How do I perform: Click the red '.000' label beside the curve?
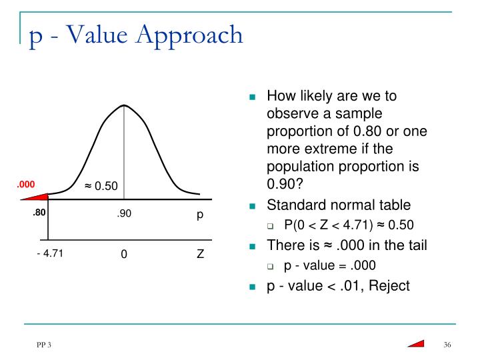(x=26, y=185)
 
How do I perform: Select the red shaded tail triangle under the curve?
(x=38, y=196)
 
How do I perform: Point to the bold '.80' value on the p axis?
(x=38, y=214)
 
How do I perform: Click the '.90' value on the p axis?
(x=124, y=215)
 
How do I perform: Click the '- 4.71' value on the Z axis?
(x=50, y=253)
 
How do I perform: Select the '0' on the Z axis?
(x=124, y=255)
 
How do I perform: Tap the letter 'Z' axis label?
(x=200, y=255)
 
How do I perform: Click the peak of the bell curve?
(x=123, y=105)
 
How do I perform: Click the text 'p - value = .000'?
(x=330, y=265)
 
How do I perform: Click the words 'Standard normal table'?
(x=339, y=205)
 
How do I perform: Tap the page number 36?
(x=447, y=344)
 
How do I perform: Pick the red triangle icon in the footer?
(x=416, y=343)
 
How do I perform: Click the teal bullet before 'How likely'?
(x=253, y=97)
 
